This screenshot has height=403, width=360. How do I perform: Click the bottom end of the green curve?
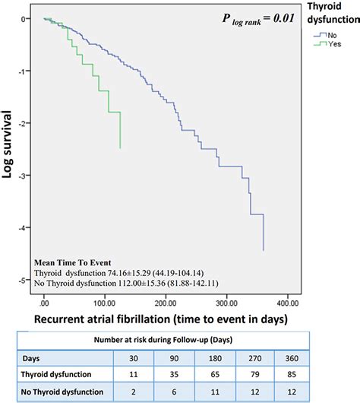(x=120, y=148)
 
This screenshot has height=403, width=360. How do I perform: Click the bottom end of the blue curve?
(x=264, y=249)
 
